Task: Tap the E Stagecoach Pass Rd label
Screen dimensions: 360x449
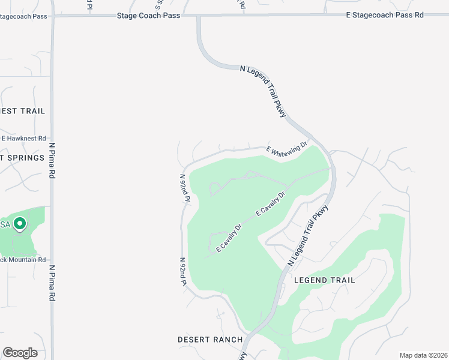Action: pos(385,14)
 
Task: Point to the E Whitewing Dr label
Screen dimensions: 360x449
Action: pos(286,149)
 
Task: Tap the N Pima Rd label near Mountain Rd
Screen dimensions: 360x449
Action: pos(52,283)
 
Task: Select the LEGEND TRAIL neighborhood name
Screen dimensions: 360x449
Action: pos(324,280)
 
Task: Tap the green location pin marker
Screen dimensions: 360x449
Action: pos(19,224)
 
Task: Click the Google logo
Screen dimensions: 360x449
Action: pos(20,353)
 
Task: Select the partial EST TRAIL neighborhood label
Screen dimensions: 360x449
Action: pos(23,111)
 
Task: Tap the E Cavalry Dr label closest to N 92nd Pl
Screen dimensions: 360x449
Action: pos(229,238)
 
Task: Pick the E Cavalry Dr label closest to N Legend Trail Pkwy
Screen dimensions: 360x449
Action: pos(270,204)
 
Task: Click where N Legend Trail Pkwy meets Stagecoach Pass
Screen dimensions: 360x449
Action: pos(199,16)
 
